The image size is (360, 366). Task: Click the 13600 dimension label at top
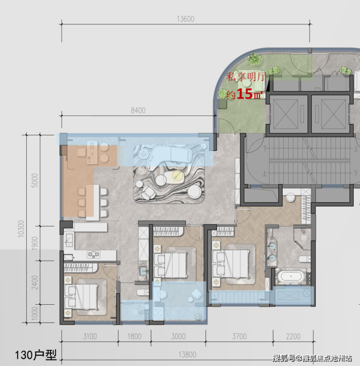[x=185, y=19]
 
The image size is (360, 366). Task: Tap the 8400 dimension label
[x=138, y=110]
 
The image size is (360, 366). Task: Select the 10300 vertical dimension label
[x=21, y=229]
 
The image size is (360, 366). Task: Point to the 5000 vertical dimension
[x=35, y=180]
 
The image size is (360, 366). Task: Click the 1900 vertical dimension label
[x=35, y=243]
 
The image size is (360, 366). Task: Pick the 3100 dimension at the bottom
[x=90, y=336]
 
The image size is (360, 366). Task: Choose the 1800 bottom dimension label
[x=134, y=336]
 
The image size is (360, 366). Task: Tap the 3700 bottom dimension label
[x=239, y=336]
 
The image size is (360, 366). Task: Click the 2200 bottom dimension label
[x=293, y=336]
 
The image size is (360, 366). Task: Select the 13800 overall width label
[x=187, y=354]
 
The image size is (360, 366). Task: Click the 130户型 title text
[x=36, y=355]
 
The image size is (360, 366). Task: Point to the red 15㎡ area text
[x=250, y=94]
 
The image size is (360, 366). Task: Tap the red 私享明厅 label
[x=246, y=77]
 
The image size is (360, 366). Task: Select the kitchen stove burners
[x=93, y=254]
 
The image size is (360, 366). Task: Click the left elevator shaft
[x=286, y=114]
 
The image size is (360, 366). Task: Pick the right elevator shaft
[x=330, y=114]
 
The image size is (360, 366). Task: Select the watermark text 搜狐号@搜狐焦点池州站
[x=312, y=358]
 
